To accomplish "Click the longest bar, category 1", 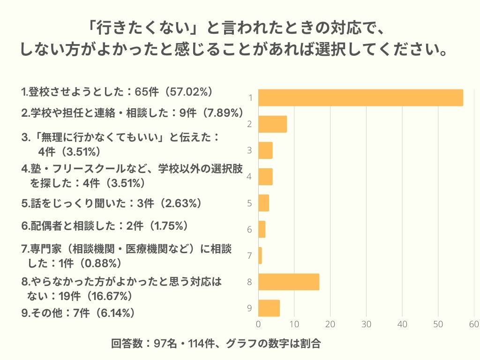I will click(360, 97).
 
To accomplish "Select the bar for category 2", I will click(272, 124).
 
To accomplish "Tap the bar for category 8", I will click(289, 282).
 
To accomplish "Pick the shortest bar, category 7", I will click(260, 255).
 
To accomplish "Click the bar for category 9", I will click(269, 308).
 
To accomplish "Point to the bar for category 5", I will click(263, 203).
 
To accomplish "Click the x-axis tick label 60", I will click(473, 324).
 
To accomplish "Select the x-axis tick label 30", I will click(366, 324).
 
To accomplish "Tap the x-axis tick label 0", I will click(259, 324).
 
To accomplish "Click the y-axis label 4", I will click(250, 177).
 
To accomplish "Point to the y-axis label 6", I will click(250, 230).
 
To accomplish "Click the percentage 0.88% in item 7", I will click(101, 263).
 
